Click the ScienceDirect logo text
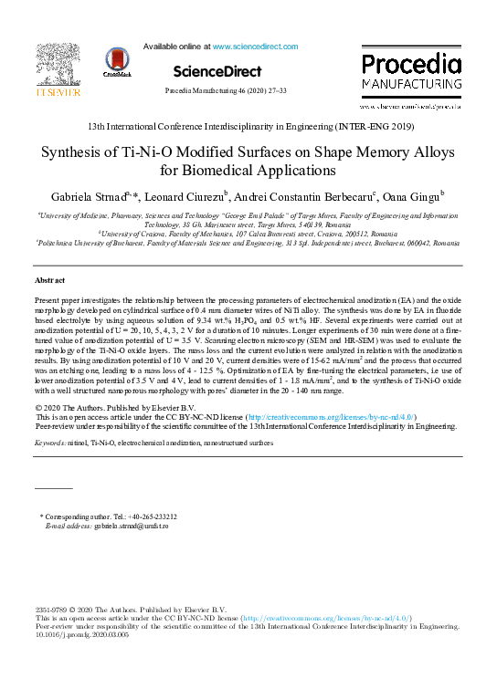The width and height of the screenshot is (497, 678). tap(217, 71)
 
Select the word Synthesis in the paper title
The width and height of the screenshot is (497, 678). tap(79, 152)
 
